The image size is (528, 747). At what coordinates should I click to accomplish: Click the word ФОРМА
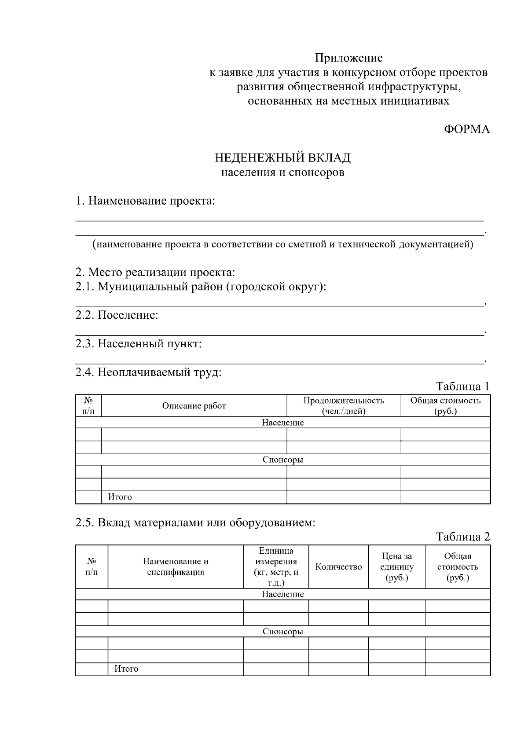click(x=466, y=129)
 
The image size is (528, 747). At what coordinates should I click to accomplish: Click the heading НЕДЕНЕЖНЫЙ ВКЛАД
click(x=282, y=158)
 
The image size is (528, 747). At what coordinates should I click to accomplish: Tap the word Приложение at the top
click(x=348, y=58)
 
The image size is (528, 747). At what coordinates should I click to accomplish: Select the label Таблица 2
click(x=462, y=536)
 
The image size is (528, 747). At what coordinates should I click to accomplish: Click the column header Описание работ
click(x=194, y=406)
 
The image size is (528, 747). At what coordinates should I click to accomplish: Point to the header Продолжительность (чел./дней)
click(x=344, y=406)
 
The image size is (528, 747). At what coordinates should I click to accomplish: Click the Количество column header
click(x=338, y=567)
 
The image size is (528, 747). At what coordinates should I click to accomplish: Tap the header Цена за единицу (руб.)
click(x=397, y=567)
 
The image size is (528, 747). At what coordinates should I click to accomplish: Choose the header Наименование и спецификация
click(x=176, y=567)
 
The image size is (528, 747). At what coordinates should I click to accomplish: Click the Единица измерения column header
click(x=276, y=567)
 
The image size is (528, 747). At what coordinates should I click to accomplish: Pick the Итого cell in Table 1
click(x=120, y=497)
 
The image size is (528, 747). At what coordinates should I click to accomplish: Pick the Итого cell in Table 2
click(x=127, y=669)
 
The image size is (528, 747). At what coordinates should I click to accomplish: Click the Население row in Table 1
click(x=282, y=423)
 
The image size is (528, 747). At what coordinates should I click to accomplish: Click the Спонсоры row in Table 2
click(x=282, y=631)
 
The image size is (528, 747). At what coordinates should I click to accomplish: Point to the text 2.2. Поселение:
click(x=117, y=315)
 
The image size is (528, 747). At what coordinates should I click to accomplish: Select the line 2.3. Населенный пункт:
click(x=138, y=343)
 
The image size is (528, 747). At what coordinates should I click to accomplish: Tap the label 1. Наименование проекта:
click(x=145, y=201)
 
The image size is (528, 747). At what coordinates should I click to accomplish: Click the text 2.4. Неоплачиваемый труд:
click(x=148, y=372)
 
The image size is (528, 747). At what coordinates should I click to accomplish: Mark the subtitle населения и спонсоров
click(x=282, y=172)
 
